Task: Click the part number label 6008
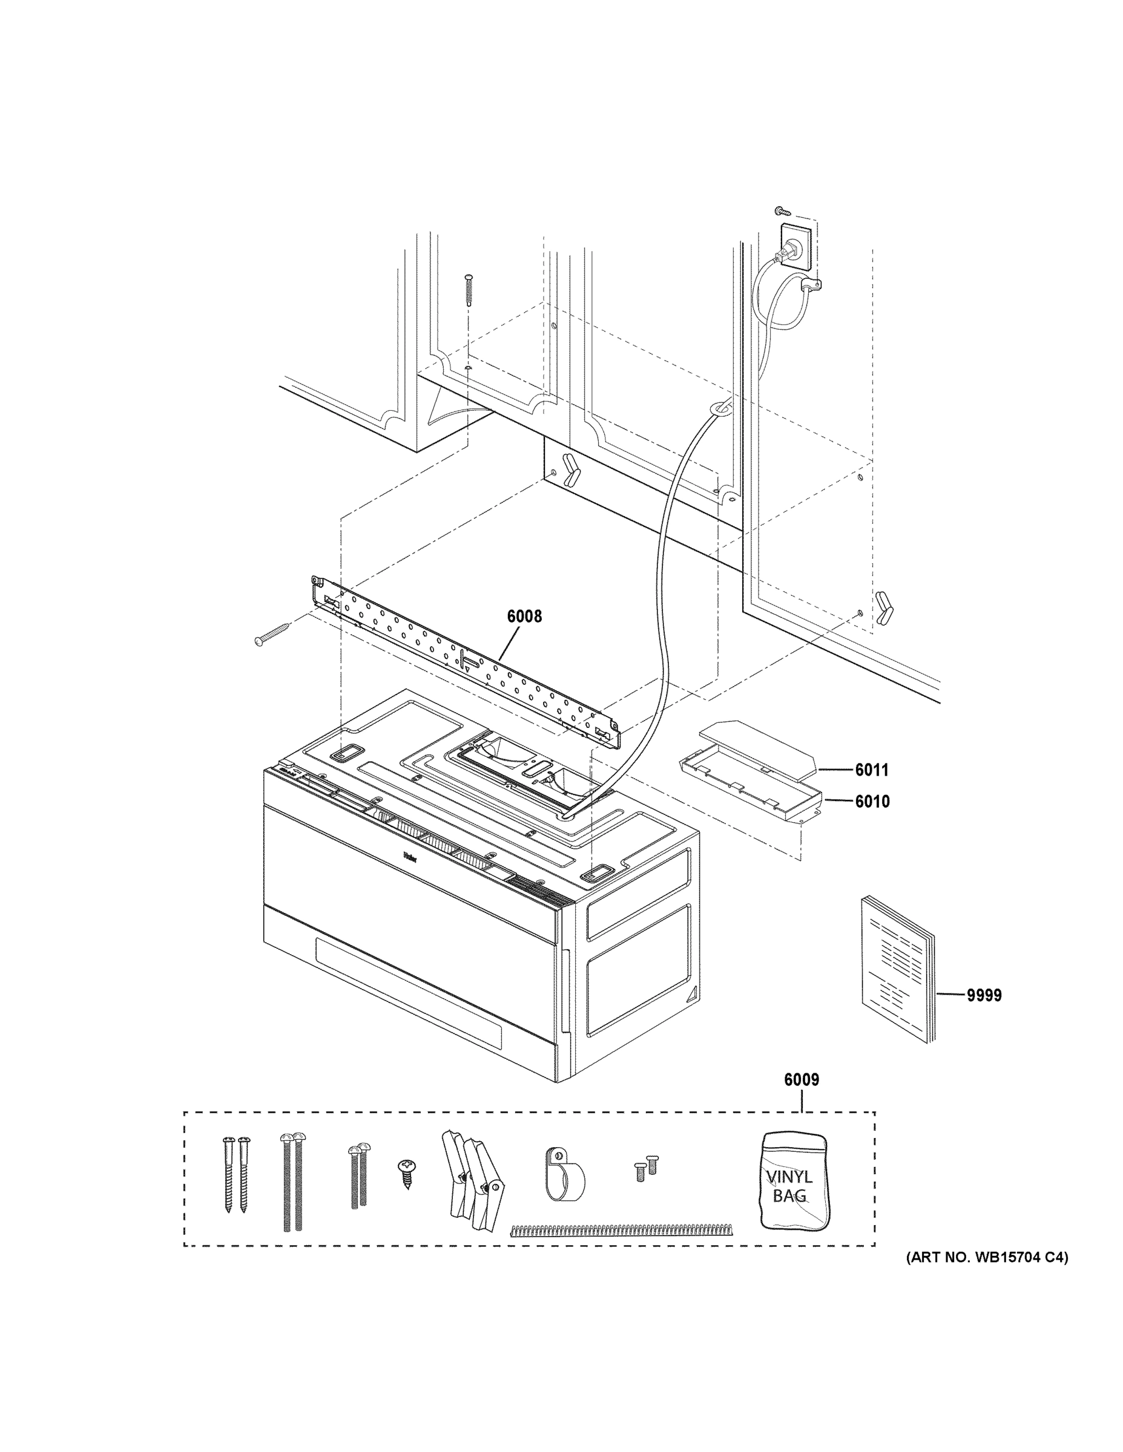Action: point(524,616)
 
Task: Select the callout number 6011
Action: point(872,770)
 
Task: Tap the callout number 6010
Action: point(872,801)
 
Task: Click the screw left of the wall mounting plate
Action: point(271,633)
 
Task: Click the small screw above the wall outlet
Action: point(781,211)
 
